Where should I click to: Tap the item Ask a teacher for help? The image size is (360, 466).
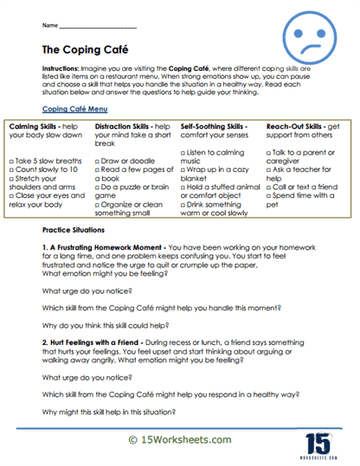305,168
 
